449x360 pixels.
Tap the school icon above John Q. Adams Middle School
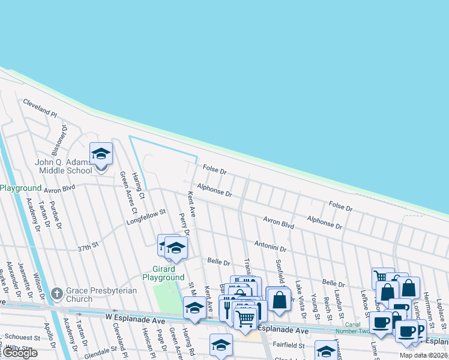(x=101, y=154)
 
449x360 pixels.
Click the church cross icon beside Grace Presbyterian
(x=57, y=294)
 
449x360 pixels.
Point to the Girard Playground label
(x=163, y=274)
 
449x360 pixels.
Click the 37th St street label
(x=87, y=247)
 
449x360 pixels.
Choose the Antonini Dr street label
(x=270, y=245)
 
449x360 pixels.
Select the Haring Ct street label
(x=139, y=186)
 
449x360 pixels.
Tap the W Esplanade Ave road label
(x=134, y=316)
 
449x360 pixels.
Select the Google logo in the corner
(x=20, y=353)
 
